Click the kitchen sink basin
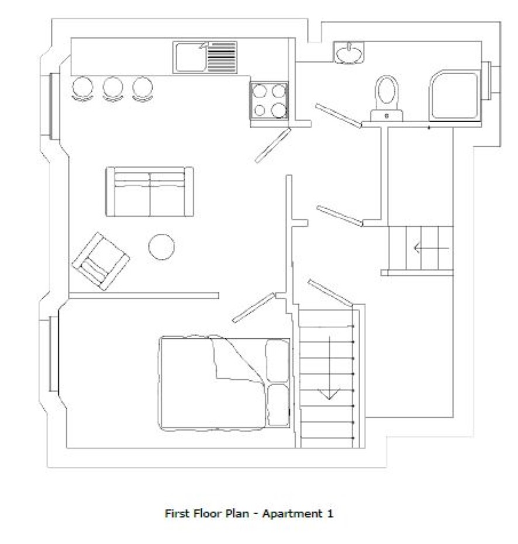[190, 58]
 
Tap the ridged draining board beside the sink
[222, 57]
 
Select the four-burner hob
[269, 101]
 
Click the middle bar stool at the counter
[113, 89]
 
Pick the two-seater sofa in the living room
[149, 192]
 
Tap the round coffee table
[161, 247]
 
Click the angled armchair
[101, 261]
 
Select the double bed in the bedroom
[225, 383]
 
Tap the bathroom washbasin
[349, 53]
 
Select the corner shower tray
[455, 95]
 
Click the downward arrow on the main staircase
[329, 368]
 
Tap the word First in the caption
[177, 513]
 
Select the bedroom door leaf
[253, 308]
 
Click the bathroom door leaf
[339, 116]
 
